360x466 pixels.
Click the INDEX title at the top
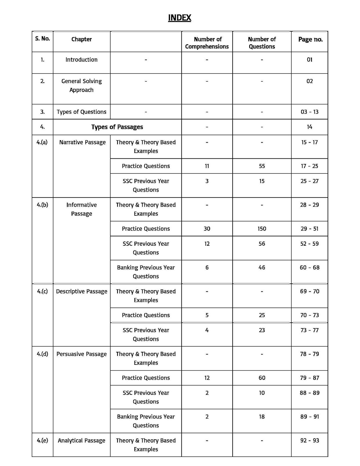coord(180,18)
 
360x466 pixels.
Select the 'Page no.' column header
coord(310,39)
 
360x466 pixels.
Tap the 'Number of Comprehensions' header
coord(207,43)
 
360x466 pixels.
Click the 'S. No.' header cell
coord(43,39)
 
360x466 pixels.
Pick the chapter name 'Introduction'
coord(81,60)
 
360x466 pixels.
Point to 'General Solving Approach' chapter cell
coord(81,85)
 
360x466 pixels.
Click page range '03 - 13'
coord(309,112)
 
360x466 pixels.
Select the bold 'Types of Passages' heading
coord(117,127)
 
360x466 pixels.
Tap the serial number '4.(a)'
coord(42,142)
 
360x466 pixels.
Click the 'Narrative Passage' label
coord(82,142)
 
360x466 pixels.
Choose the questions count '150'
coord(262,229)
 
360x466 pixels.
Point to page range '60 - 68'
coord(309,267)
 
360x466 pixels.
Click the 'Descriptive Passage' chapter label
coord(82,291)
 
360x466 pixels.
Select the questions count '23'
coord(262,330)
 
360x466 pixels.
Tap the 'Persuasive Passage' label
coord(82,354)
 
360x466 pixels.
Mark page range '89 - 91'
coord(309,417)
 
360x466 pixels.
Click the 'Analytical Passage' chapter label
coord(82,441)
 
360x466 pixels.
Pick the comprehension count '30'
coord(207,229)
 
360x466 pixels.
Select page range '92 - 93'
coord(309,441)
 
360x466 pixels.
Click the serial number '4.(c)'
coord(42,291)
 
